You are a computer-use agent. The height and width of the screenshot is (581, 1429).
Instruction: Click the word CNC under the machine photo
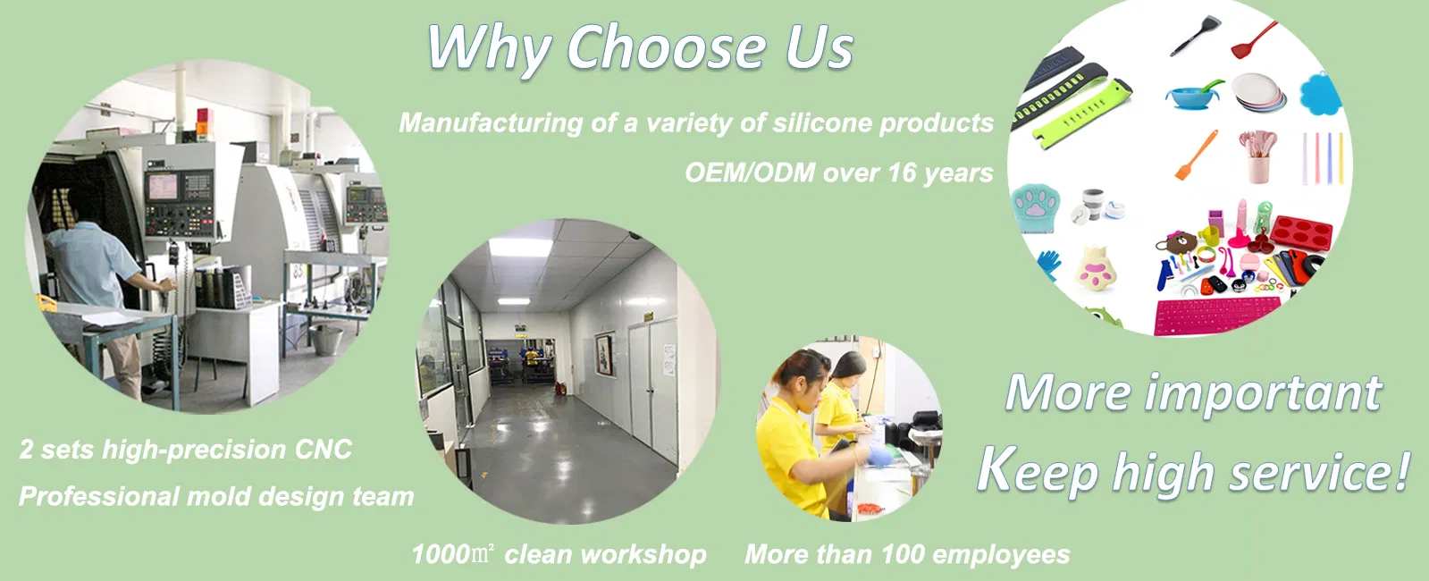coord(324,450)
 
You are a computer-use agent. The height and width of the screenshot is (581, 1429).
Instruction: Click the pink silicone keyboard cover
coord(1217,314)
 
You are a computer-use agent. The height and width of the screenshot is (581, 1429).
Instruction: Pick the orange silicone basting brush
coord(1196,155)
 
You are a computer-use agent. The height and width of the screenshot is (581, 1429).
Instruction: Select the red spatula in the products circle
coord(1254,40)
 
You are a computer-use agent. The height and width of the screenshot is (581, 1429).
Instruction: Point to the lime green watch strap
coord(1080,114)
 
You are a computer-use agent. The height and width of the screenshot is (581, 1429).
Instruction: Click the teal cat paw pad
coord(1035,208)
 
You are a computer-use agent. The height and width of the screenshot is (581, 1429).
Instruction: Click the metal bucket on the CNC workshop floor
coord(326,340)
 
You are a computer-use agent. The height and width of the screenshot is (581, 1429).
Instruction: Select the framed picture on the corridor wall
coord(603,354)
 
